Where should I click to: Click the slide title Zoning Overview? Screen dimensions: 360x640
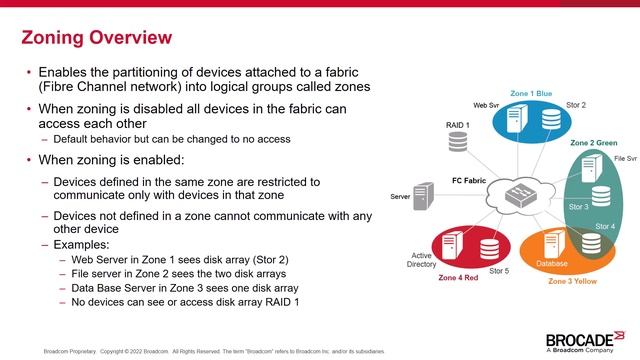[x=97, y=39]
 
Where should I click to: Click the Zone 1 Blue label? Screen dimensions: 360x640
[x=530, y=93]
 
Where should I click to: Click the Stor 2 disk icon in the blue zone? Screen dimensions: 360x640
[x=551, y=121]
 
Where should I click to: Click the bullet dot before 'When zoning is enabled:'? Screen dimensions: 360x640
[x=29, y=160]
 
